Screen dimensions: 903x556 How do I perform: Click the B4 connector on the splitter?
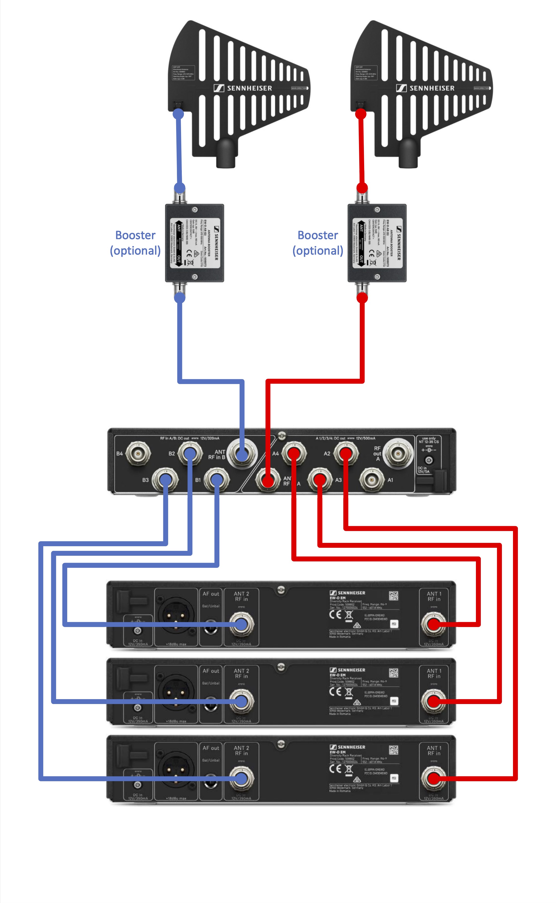(x=138, y=454)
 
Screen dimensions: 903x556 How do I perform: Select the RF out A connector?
(x=398, y=454)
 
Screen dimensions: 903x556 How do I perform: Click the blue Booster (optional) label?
(x=135, y=242)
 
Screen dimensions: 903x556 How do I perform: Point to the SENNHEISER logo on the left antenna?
(x=243, y=88)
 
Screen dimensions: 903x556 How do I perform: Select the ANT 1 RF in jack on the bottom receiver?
(x=434, y=778)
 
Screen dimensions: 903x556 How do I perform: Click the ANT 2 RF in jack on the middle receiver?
(x=241, y=701)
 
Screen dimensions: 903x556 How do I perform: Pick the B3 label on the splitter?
(x=146, y=480)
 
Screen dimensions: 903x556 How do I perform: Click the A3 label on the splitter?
(x=338, y=480)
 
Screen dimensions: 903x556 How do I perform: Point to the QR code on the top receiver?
(x=394, y=596)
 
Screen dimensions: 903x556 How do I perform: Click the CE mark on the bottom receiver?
(x=335, y=769)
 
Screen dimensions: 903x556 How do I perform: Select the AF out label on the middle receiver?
(x=211, y=671)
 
